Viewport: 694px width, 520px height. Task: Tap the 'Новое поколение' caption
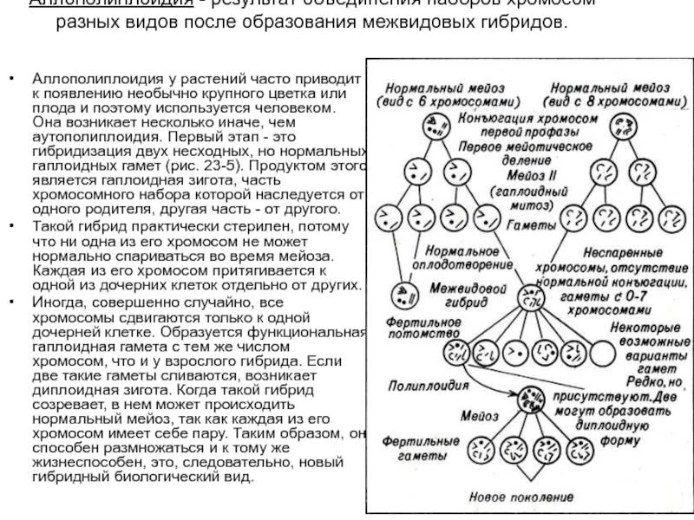point(520,497)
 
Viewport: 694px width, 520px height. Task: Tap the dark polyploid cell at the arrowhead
point(525,401)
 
